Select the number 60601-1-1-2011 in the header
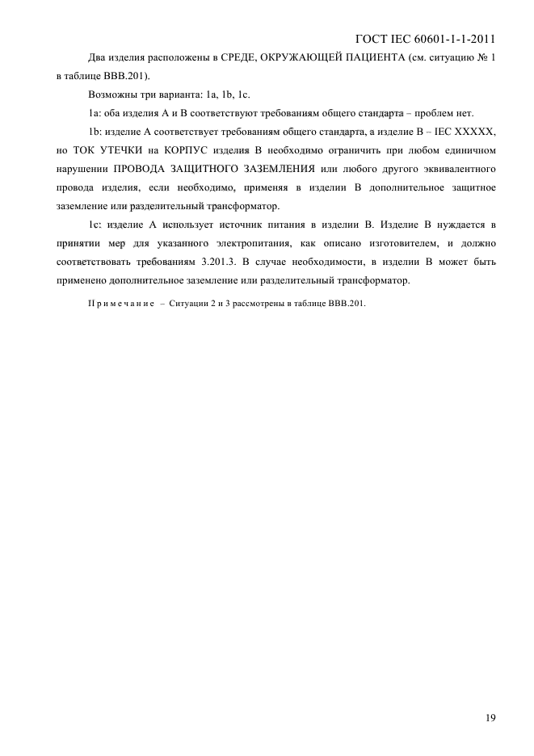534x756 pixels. [456, 39]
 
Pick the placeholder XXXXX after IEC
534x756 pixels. [476, 132]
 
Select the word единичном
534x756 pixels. [468, 150]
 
